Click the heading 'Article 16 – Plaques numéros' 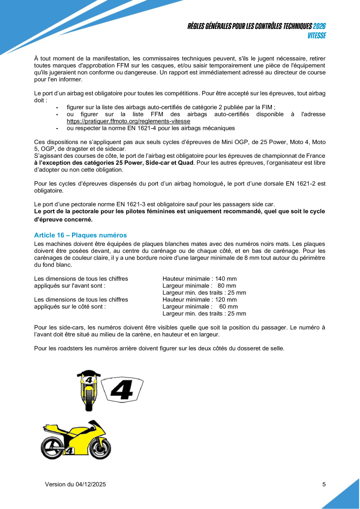pyautogui.click(x=80, y=235)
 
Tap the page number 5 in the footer pyautogui.click(x=324, y=484)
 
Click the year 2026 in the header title pyautogui.click(x=320, y=26)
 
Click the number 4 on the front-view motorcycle pyautogui.click(x=89, y=380)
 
